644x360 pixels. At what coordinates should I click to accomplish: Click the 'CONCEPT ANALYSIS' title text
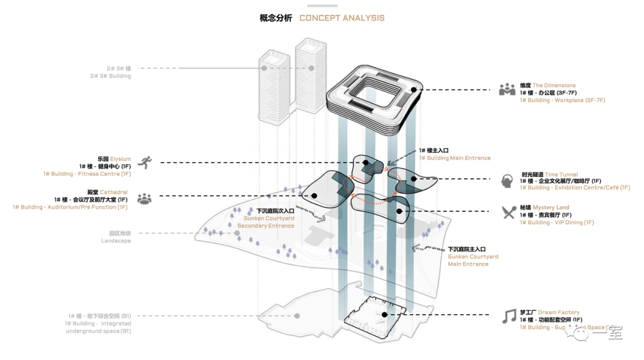[342, 18]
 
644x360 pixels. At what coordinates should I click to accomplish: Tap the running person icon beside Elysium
[144, 162]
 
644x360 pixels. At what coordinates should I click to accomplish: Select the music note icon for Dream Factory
[509, 316]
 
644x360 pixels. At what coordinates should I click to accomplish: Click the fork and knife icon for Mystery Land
[509, 212]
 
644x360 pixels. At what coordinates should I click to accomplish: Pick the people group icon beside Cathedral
[144, 198]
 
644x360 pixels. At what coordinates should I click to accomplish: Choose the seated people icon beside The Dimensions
[507, 89]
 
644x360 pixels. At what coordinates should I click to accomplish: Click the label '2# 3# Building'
[110, 76]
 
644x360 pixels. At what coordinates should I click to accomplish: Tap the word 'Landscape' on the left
[116, 241]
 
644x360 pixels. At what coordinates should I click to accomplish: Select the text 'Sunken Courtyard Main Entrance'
[473, 260]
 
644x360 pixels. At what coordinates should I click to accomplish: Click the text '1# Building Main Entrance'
[454, 158]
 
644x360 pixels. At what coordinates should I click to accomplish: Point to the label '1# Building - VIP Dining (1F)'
[557, 222]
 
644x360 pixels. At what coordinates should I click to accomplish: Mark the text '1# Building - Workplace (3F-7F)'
[562, 100]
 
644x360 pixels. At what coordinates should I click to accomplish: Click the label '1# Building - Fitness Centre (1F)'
[87, 174]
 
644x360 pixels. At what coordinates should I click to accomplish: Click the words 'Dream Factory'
[559, 312]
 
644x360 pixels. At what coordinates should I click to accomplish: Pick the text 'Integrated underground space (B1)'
[98, 327]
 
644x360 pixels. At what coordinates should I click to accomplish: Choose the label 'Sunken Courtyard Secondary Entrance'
[266, 222]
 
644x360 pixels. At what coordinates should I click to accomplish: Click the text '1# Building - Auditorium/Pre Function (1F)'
[70, 207]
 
